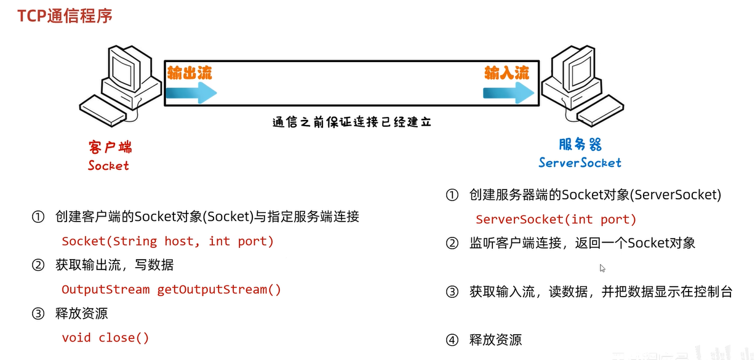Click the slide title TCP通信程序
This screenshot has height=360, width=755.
point(65,16)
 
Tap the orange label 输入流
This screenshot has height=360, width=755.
point(506,73)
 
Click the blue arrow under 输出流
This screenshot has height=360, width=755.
point(191,92)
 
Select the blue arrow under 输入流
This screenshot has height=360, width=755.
point(508,93)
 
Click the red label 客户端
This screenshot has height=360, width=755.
point(110,147)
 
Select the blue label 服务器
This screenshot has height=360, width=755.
point(580,145)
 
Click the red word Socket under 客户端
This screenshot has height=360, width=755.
point(108,166)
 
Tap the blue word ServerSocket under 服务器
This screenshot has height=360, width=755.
point(580,163)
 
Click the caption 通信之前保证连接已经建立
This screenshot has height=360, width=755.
point(351,122)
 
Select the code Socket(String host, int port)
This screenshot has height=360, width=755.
point(167,241)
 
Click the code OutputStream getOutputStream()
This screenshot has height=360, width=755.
point(171,289)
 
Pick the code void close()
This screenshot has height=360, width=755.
point(105,337)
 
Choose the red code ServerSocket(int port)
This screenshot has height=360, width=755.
point(556,219)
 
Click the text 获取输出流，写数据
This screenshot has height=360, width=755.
point(114,265)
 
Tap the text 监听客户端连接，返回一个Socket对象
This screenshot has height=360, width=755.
point(582,243)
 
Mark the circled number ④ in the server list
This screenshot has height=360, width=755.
point(452,340)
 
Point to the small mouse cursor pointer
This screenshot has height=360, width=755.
point(602,268)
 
